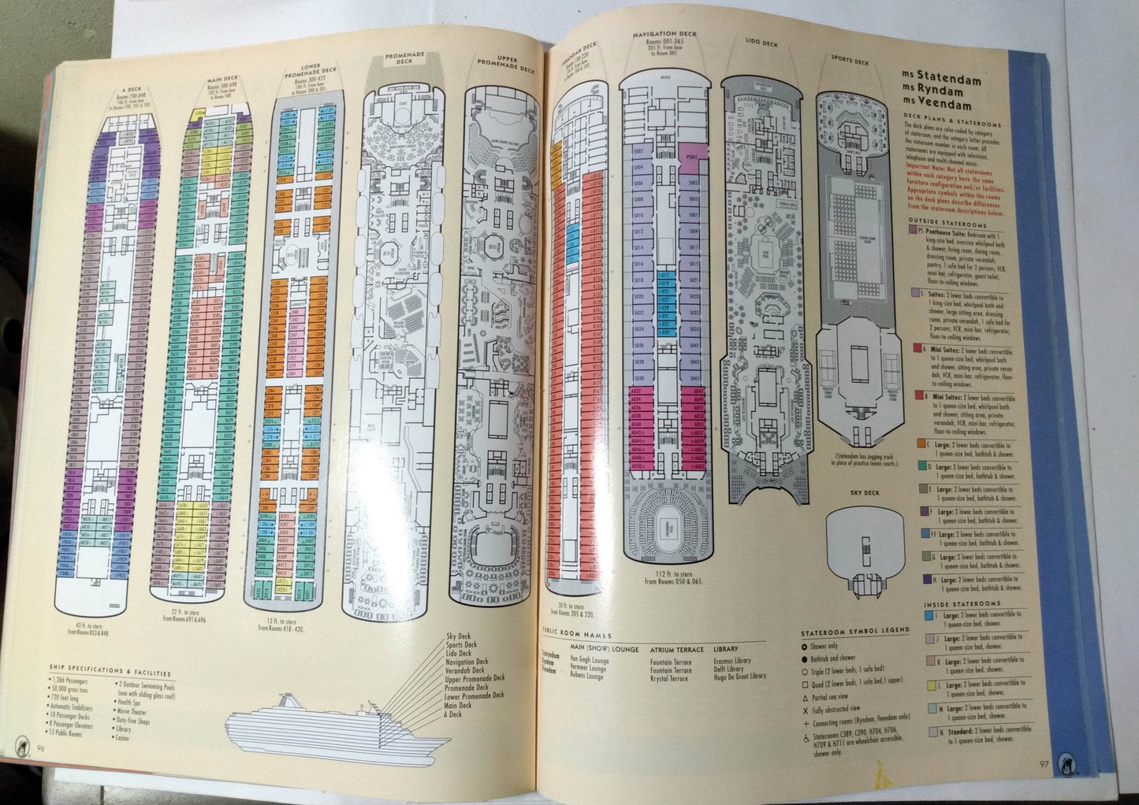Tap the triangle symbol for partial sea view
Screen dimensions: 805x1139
pos(805,697)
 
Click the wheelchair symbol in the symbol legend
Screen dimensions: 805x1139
pos(805,737)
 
